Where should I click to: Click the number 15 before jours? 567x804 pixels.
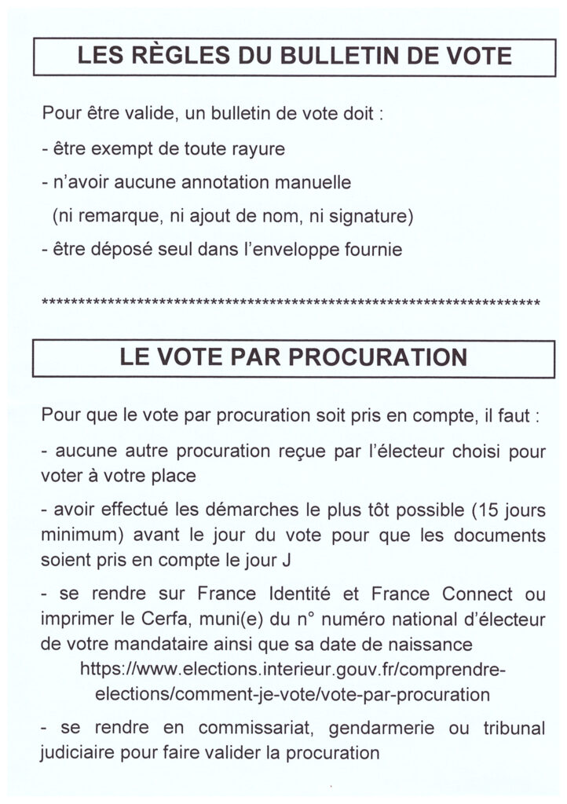click(x=491, y=510)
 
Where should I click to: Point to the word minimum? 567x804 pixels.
click(x=75, y=535)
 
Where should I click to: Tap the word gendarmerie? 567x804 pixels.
click(x=372, y=728)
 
